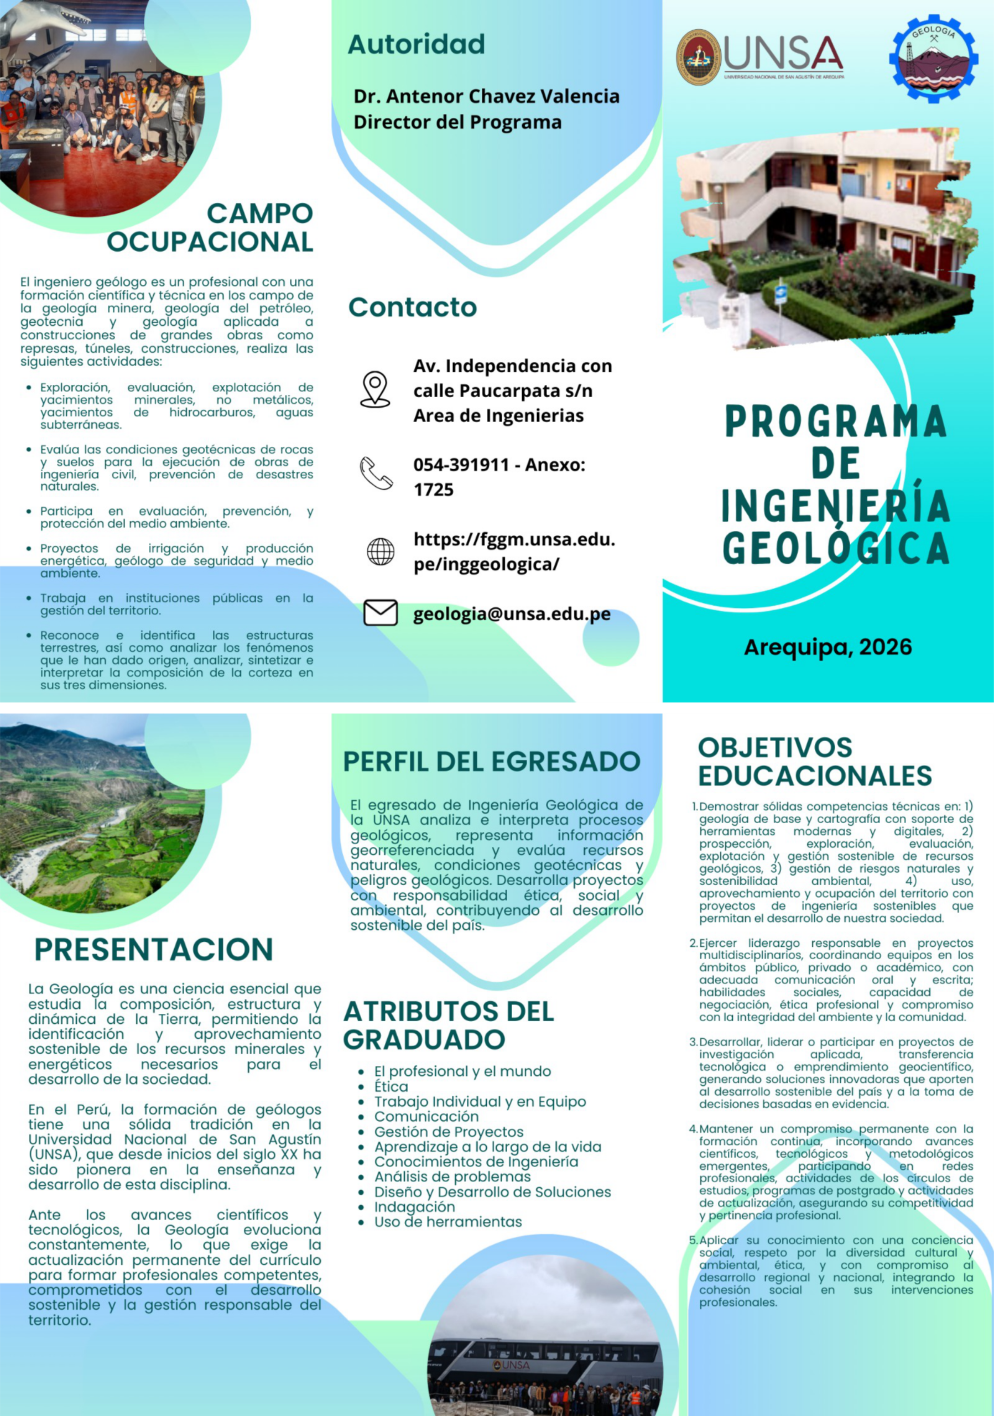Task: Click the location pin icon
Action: pos(375,388)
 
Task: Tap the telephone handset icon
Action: pos(376,473)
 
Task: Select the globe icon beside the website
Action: pos(381,551)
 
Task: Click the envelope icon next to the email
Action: pos(381,613)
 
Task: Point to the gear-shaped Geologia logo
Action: pos(933,59)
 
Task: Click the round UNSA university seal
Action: pos(699,58)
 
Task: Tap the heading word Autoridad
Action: pos(416,44)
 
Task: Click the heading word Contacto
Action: pos(413,307)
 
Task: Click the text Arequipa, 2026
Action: pos(828,647)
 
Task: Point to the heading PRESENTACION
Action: pos(154,949)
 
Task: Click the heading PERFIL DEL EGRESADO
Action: pos(491,761)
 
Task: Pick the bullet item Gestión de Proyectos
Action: pos(449,1132)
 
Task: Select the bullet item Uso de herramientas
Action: pos(448,1222)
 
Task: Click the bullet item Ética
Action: pos(392,1087)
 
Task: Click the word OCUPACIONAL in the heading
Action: pos(210,242)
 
